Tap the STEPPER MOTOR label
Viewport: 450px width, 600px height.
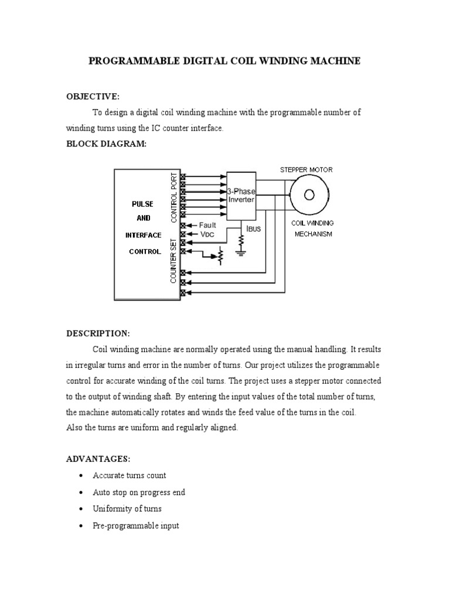(305, 170)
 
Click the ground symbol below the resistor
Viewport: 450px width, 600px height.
(240, 253)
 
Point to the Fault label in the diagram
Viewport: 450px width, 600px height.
(207, 224)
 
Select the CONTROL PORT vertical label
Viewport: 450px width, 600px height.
(173, 197)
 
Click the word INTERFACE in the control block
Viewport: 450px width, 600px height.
(144, 235)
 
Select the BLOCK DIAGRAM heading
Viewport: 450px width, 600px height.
(105, 144)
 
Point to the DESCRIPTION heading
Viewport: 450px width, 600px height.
(97, 333)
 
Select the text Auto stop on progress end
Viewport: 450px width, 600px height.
(139, 492)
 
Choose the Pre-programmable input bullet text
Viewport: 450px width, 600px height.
(136, 526)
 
